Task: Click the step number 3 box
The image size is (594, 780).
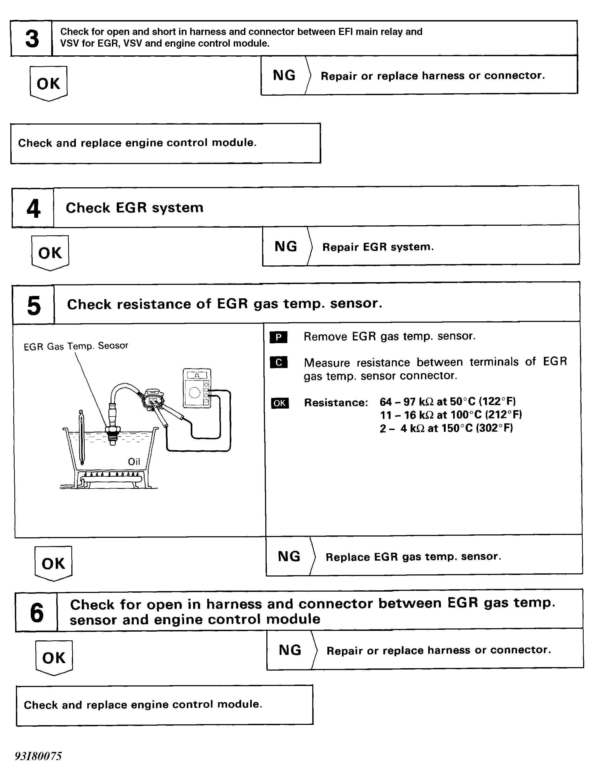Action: tap(32, 38)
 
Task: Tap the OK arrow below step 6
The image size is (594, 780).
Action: tap(54, 658)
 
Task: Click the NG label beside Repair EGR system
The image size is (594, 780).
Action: tap(286, 246)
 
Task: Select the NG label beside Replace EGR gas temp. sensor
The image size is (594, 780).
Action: tap(289, 556)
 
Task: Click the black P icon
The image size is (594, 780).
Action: tap(279, 337)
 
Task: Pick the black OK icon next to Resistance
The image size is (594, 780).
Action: tap(280, 403)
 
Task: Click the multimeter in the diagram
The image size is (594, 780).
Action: tap(197, 388)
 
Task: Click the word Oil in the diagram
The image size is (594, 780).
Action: tap(134, 462)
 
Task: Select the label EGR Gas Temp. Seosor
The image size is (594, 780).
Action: tap(76, 346)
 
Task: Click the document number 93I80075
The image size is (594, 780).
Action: tap(38, 756)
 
